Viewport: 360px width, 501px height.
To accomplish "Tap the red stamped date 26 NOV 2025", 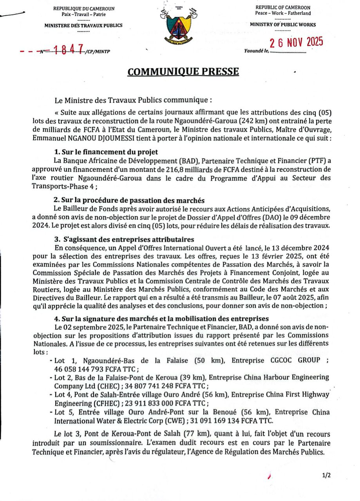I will (297, 42).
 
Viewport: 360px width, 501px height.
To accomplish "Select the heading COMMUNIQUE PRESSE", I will (183, 72).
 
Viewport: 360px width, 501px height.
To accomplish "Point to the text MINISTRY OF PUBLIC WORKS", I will (282, 24).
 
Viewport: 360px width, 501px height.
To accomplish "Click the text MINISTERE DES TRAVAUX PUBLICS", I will (83, 25).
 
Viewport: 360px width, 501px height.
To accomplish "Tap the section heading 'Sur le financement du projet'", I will (106, 152).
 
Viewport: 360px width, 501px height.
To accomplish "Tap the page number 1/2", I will (326, 476).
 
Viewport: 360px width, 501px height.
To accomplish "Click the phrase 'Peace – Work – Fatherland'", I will (282, 13).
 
